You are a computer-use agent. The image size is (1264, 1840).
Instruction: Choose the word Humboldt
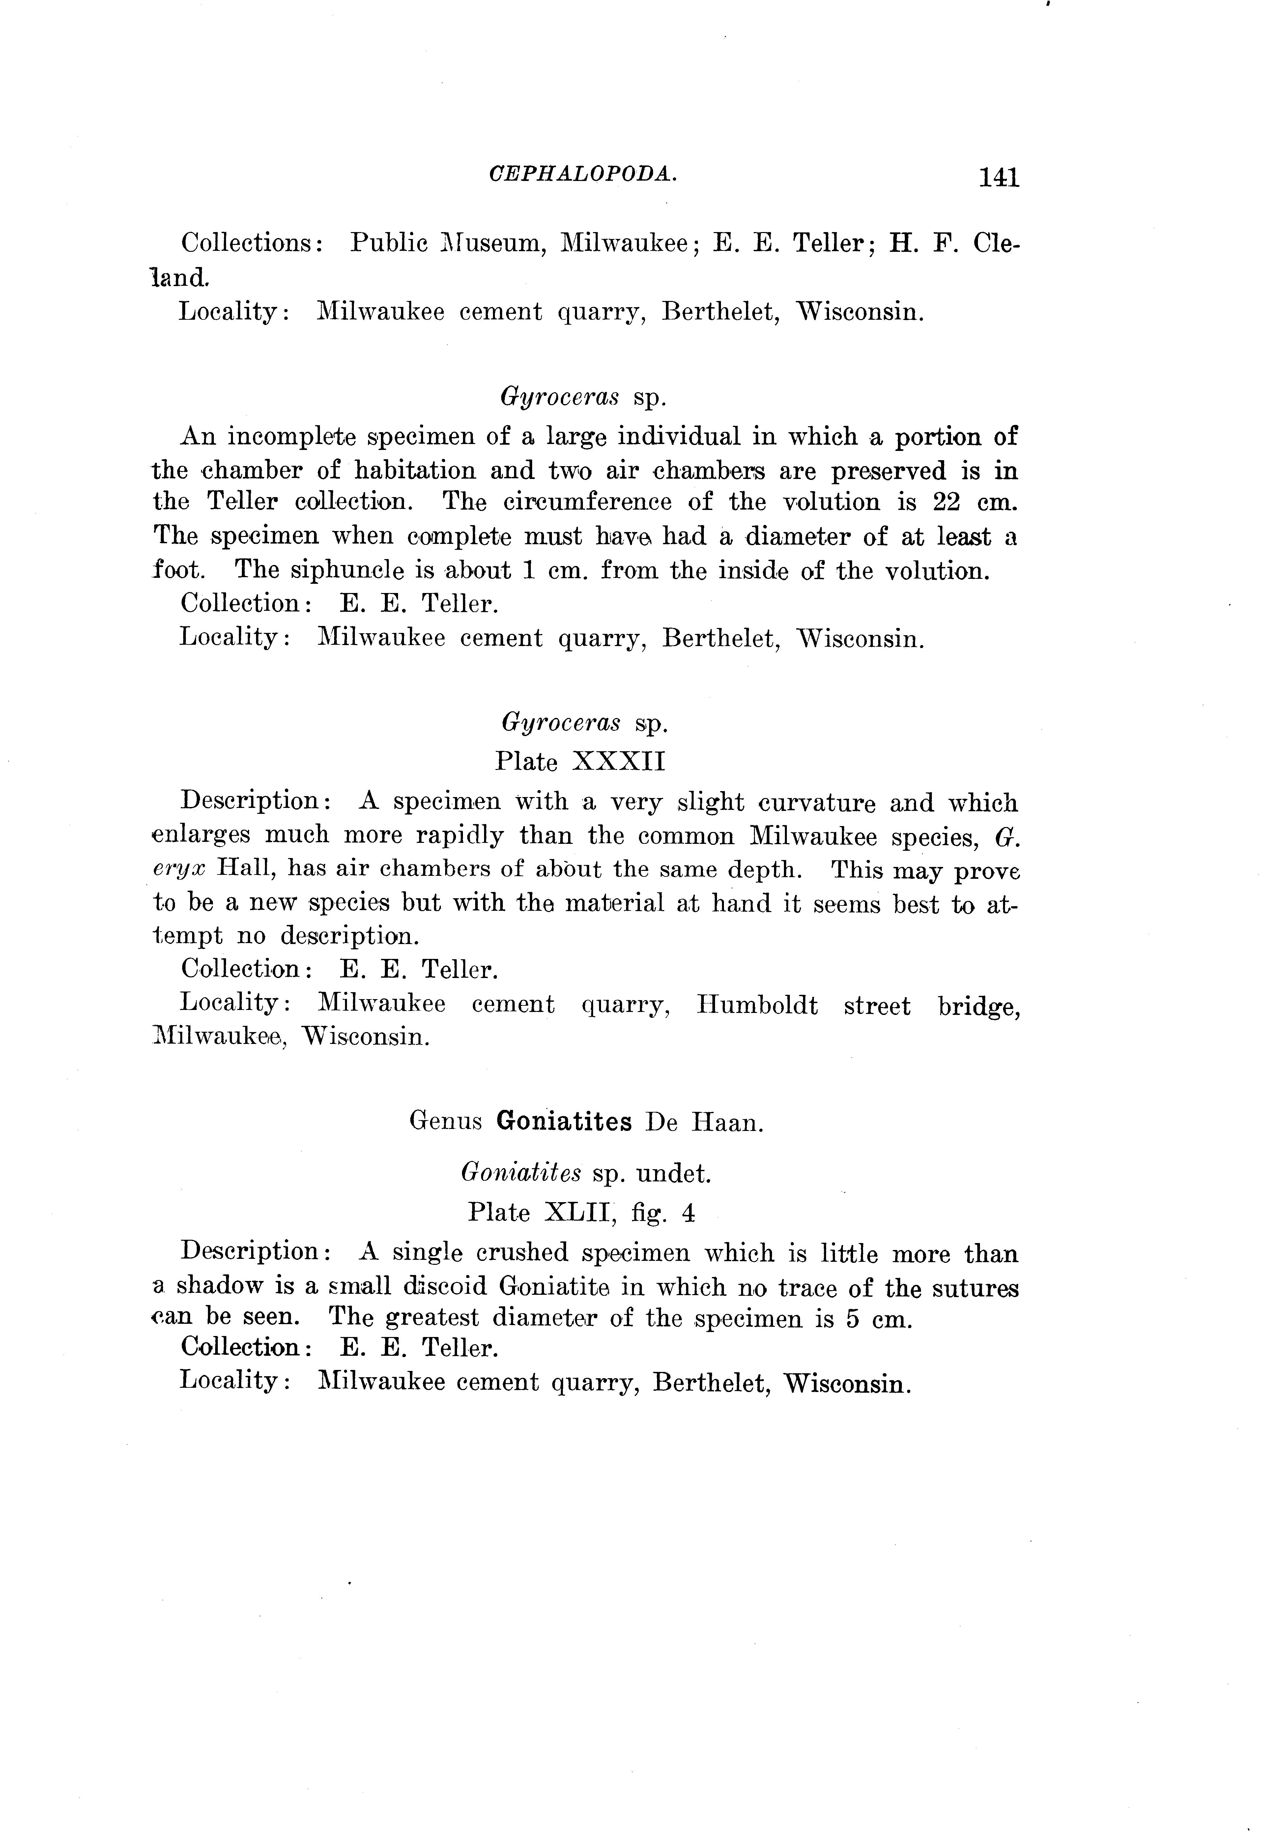click(757, 1004)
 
